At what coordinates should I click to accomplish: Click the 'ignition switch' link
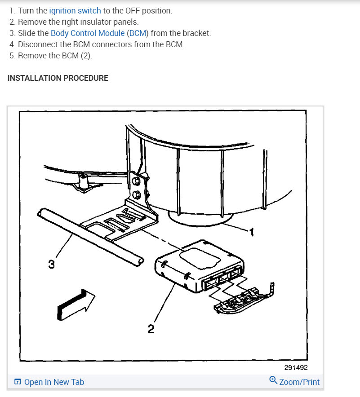click(75, 10)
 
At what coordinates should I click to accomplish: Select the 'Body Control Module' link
click(87, 33)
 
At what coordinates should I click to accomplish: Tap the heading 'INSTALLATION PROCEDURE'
click(58, 78)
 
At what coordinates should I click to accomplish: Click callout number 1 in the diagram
click(252, 232)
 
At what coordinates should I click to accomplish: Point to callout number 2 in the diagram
click(151, 329)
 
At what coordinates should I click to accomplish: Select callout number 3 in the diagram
click(51, 265)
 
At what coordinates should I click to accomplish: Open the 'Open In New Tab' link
click(54, 382)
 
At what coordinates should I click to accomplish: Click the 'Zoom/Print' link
click(299, 382)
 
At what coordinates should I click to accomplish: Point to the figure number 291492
click(296, 367)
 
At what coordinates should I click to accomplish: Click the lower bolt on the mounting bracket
click(137, 195)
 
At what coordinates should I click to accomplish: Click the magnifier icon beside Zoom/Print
click(273, 381)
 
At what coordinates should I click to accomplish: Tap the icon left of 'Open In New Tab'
click(18, 382)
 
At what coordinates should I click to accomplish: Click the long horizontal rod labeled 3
click(90, 236)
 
